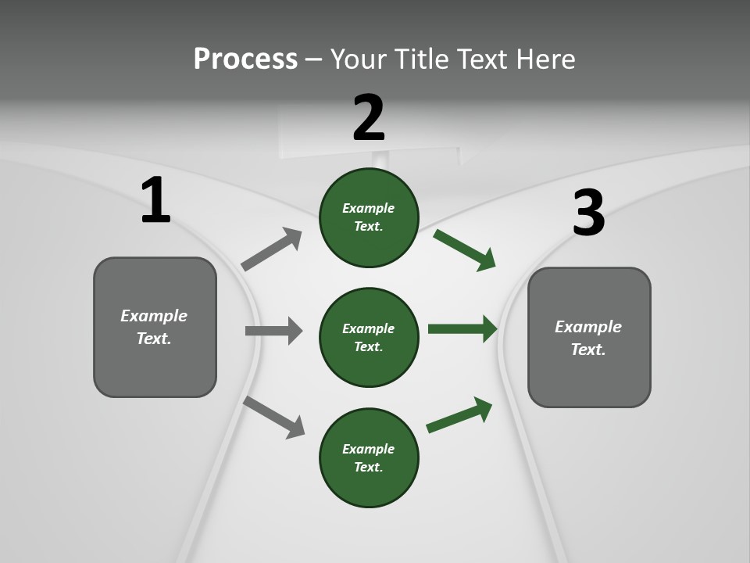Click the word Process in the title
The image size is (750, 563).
[x=245, y=59]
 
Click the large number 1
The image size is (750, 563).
[x=155, y=201]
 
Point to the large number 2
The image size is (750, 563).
[x=369, y=118]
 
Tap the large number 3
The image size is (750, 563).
[x=589, y=213]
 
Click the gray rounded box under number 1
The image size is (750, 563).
[x=155, y=327]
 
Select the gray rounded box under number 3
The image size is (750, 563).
[x=589, y=337]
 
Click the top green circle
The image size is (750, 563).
[x=369, y=217]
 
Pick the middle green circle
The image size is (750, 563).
[x=369, y=337]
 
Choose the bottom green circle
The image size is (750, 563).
[x=369, y=457]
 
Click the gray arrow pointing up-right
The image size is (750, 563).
[x=272, y=249]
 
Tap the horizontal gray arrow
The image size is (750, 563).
[x=273, y=331]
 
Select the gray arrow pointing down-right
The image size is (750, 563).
[x=274, y=417]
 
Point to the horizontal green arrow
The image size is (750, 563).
[x=462, y=329]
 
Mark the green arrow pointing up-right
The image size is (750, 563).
[x=459, y=414]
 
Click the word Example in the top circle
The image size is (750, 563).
[x=368, y=208]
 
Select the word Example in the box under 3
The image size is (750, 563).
[x=588, y=327]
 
